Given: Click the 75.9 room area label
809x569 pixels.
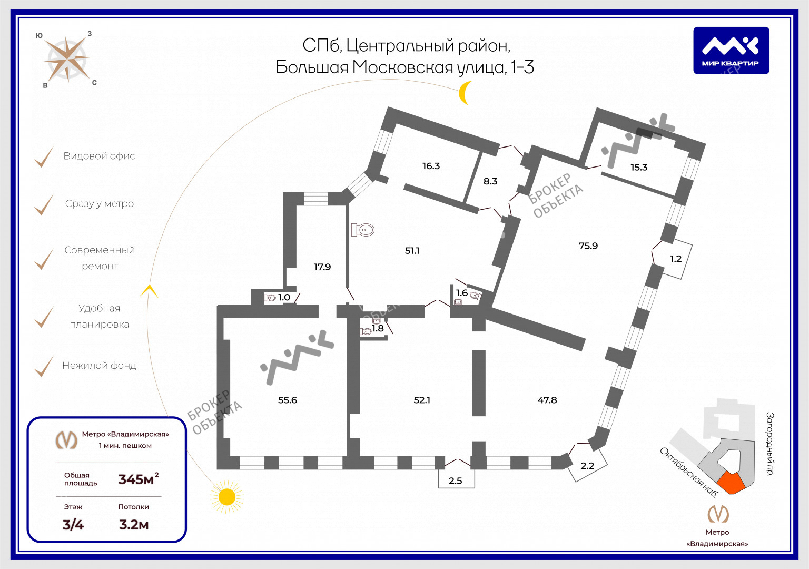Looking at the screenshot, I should [x=588, y=246].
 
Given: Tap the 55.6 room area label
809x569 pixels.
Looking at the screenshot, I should [x=288, y=400].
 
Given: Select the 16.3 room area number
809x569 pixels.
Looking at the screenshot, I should [x=431, y=166].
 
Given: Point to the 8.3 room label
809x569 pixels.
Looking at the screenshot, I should [x=490, y=181].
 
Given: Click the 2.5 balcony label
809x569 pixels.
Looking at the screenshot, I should [x=455, y=480].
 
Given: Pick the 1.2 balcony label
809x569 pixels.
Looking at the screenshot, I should [x=676, y=259].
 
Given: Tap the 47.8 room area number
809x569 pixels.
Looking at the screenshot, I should [x=547, y=400].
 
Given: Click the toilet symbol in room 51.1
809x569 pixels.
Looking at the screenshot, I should [x=363, y=230].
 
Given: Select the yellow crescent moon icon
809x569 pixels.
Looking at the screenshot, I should [x=464, y=93].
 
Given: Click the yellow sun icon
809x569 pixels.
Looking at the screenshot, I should [x=227, y=496].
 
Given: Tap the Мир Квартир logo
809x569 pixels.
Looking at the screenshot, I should [x=731, y=51].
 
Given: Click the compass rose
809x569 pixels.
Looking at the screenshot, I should [x=67, y=58].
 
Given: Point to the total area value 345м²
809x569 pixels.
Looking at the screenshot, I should [x=138, y=479].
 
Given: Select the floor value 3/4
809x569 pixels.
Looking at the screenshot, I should [x=73, y=525].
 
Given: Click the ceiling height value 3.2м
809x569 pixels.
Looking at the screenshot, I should [x=134, y=525].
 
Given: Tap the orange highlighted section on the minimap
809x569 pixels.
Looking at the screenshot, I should [x=731, y=482].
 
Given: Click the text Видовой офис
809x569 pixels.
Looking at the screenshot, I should [x=99, y=156].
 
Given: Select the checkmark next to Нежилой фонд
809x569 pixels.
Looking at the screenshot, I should [x=44, y=366].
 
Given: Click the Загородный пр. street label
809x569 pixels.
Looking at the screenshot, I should [x=770, y=444].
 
